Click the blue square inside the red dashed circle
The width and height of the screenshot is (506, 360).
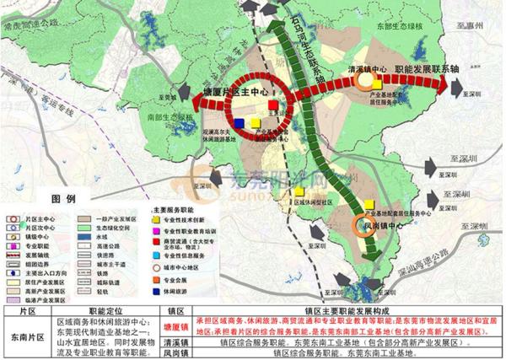click(240, 123)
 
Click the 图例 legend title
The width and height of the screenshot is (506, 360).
click(62, 197)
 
